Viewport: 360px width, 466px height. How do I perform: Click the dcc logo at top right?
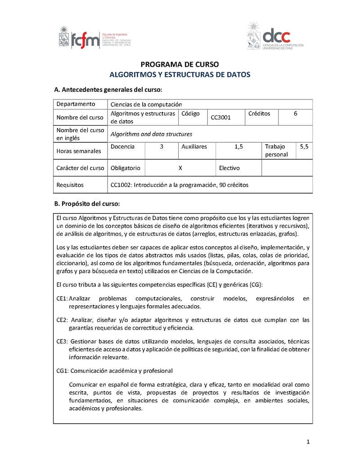[275, 36]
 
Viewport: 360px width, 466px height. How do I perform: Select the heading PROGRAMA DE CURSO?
[180, 64]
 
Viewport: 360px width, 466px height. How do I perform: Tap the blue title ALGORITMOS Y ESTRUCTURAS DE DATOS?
[180, 75]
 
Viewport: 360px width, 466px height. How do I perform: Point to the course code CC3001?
[221, 118]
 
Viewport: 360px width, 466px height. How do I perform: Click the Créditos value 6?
[295, 114]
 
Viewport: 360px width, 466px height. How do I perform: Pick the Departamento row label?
[76, 104]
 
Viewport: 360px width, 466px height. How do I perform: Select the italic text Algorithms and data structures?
[151, 134]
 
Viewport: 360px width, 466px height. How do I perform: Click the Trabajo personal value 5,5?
[304, 147]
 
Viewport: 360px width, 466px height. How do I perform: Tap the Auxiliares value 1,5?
[238, 147]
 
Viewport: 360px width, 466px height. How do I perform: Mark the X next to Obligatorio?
[180, 168]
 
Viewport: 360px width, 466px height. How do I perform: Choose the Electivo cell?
[229, 168]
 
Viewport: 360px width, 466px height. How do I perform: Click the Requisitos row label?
[70, 185]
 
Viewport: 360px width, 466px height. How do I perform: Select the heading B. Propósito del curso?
[86, 203]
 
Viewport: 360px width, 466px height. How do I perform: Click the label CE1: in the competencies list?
[62, 299]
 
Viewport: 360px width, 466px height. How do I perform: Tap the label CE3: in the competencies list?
[62, 341]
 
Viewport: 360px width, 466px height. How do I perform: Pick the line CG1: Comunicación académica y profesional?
[115, 371]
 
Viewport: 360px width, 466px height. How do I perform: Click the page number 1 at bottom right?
[308, 442]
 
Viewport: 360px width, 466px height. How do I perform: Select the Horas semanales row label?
[79, 151]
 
